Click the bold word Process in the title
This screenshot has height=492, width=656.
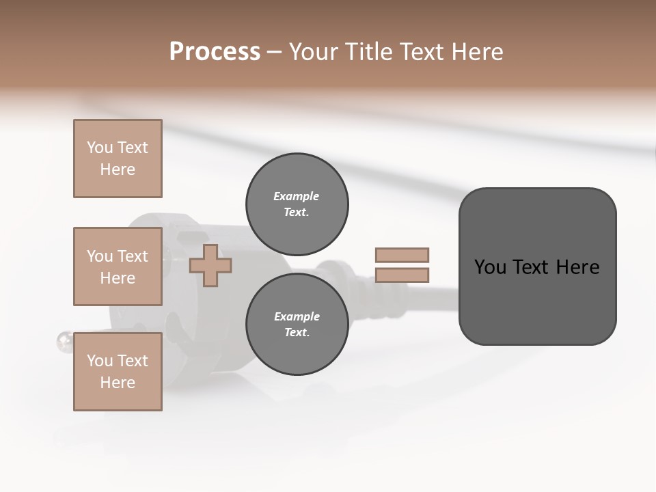point(215,52)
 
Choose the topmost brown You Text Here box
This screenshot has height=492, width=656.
point(118,159)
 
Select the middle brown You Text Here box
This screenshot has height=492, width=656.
point(118,266)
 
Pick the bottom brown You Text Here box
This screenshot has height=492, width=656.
point(118,372)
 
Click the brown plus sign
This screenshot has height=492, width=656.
point(210,265)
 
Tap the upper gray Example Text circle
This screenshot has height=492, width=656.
point(297,204)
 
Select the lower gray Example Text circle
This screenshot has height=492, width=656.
point(297,325)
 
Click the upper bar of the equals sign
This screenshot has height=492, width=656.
point(402,255)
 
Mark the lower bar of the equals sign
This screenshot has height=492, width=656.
point(402,275)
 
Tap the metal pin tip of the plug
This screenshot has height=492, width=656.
point(64,340)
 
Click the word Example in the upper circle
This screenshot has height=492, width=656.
point(297,196)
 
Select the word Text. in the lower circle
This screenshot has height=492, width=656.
point(297,333)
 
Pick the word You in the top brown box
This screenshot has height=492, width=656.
point(99,148)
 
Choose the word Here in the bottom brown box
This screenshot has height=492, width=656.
point(118,383)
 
